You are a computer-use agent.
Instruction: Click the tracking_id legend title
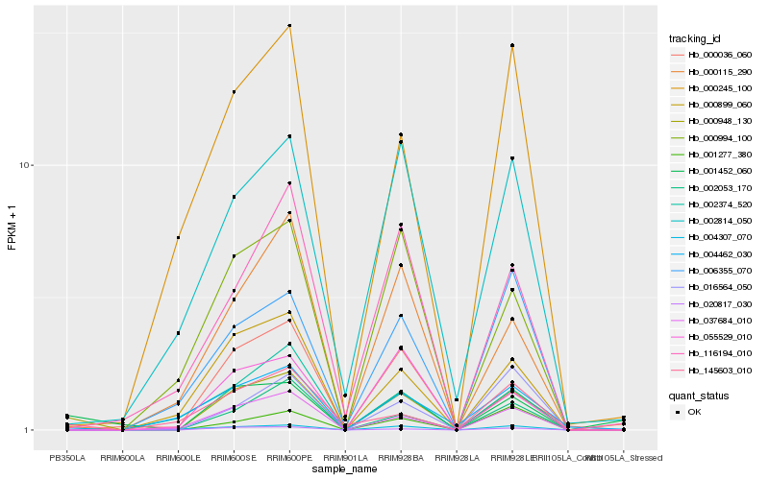point(695,38)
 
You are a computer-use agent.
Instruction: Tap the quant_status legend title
point(699,395)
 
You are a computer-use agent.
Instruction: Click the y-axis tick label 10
point(27,165)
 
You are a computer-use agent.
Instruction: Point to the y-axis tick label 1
point(30,430)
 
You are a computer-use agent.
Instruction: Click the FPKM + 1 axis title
point(12,228)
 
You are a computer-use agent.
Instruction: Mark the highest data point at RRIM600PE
point(289,26)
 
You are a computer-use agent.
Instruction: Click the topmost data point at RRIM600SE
point(234,92)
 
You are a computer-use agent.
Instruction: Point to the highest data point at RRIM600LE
point(178,237)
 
